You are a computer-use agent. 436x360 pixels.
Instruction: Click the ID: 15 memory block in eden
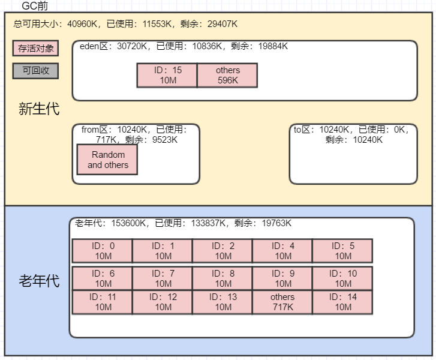[167, 76]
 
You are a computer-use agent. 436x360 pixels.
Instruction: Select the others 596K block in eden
[227, 76]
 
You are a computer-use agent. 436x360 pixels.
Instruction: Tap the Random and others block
[107, 160]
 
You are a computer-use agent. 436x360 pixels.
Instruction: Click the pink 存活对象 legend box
[35, 49]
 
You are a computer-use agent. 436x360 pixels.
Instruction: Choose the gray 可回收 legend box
[35, 70]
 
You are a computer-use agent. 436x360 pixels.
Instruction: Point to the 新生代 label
[39, 109]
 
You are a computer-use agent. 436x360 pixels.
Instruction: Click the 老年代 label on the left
[39, 280]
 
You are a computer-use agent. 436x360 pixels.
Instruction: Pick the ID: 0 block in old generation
[103, 251]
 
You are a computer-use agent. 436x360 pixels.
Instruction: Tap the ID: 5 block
[342, 251]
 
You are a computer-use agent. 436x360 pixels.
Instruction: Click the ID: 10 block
[342, 278]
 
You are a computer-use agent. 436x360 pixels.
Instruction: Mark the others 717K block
[282, 302]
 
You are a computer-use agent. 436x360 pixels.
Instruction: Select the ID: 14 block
[342, 302]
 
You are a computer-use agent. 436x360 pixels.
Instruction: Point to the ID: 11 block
[103, 302]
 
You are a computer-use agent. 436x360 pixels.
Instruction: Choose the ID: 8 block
[222, 278]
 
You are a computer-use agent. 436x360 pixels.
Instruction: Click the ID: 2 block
[222, 251]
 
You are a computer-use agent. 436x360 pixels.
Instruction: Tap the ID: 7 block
[163, 278]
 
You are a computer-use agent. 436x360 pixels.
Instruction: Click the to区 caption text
[353, 134]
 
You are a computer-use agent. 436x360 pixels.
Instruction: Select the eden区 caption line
[184, 46]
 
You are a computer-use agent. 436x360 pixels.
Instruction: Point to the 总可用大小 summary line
[125, 24]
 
